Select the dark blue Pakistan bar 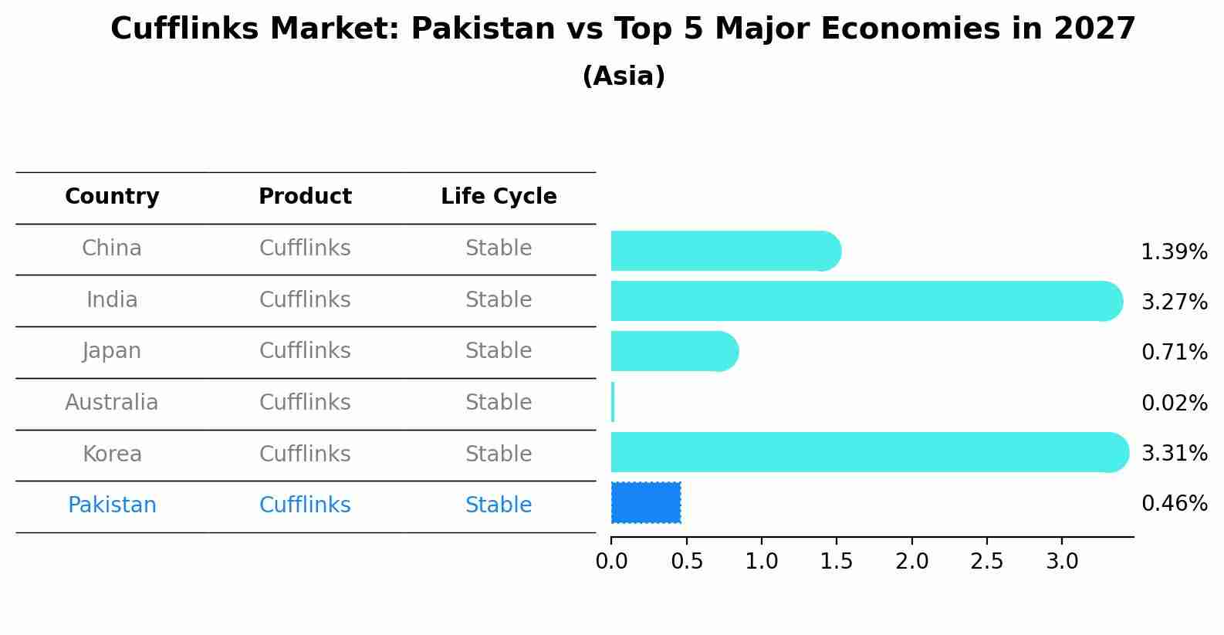(x=646, y=502)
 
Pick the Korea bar (x=869, y=452)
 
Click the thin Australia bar (x=613, y=402)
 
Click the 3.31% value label (x=1174, y=453)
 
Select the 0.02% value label (x=1174, y=403)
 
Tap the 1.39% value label (x=1174, y=252)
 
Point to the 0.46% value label (x=1174, y=504)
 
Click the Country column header (x=112, y=197)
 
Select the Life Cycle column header (x=499, y=197)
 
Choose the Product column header (x=305, y=197)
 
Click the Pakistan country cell (x=112, y=505)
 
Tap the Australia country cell (x=112, y=403)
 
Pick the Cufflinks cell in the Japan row (x=305, y=351)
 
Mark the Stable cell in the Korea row (x=499, y=454)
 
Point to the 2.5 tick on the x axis (x=987, y=561)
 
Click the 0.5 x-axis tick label (x=687, y=561)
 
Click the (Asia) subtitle (x=624, y=76)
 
